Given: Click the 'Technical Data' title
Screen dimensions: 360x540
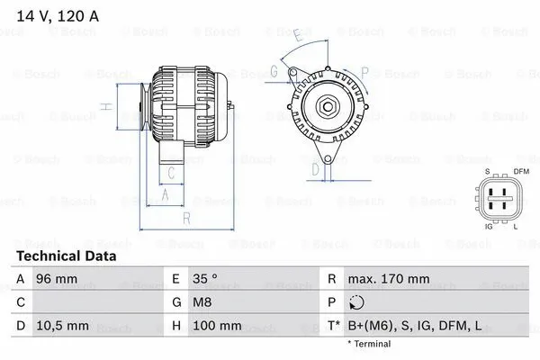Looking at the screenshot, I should click(67, 256).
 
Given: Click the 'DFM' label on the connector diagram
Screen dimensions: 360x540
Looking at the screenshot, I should click(521, 172).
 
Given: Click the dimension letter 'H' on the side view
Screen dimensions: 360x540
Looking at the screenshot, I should click(106, 107).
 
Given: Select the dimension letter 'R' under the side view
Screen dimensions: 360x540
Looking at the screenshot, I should click(184, 219).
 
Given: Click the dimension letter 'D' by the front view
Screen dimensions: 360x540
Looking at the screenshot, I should click(314, 168).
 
